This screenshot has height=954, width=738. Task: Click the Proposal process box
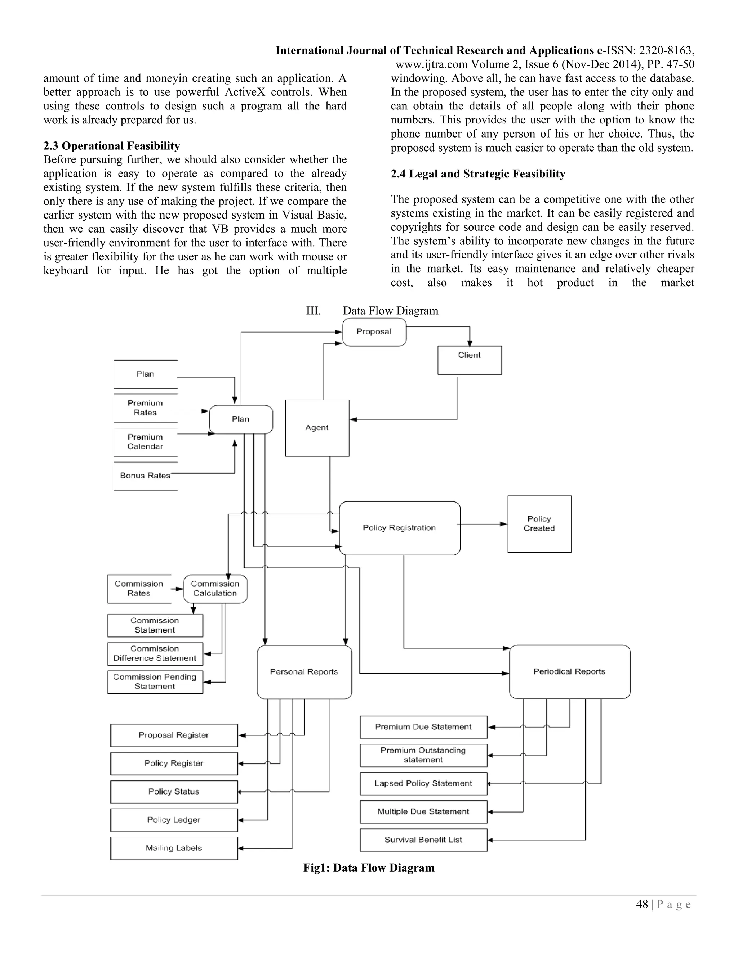coord(374,332)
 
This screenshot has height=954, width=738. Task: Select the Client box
coord(470,360)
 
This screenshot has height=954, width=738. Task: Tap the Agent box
coord(317,428)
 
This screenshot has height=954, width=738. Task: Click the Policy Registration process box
coord(400,528)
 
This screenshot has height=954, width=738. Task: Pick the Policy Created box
coord(539,524)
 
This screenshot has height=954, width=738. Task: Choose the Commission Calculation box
coord(215,589)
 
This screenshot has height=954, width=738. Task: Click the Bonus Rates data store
coord(145,476)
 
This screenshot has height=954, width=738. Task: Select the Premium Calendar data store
coord(145,442)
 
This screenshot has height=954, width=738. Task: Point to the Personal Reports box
coord(304,672)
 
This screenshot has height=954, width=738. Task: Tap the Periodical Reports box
coord(570,671)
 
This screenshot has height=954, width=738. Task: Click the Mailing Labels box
coord(174,848)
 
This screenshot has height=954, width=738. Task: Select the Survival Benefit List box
coord(423,840)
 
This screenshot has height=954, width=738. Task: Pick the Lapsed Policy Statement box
coord(423,784)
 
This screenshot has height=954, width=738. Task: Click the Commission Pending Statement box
coord(155,682)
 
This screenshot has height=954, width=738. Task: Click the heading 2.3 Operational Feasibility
coord(111,146)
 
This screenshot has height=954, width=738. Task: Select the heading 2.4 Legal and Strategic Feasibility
coord(478,174)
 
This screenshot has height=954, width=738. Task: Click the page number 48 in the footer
coord(642,904)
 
